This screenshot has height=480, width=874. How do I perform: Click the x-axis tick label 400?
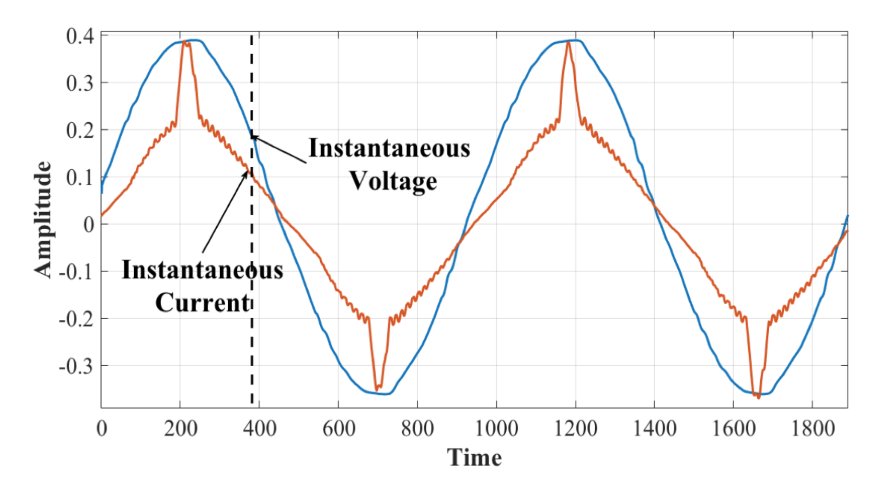click(259, 428)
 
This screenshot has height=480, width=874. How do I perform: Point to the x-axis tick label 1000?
click(497, 428)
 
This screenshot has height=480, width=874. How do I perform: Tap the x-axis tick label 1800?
click(813, 428)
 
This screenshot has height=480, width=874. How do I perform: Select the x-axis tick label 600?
click(338, 428)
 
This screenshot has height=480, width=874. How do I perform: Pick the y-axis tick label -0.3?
click(76, 366)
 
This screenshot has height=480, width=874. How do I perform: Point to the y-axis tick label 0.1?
click(80, 178)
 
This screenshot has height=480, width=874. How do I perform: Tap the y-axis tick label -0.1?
click(76, 272)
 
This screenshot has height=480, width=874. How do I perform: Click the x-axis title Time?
click(474, 457)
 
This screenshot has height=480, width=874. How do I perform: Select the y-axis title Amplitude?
click(43, 220)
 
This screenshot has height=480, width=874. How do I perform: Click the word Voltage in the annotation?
click(393, 181)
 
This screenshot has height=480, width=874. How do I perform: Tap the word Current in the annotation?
click(203, 303)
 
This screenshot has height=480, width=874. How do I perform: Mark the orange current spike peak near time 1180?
click(568, 42)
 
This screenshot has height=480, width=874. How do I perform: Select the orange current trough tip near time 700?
click(377, 389)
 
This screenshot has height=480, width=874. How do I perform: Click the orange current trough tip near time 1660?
click(758, 397)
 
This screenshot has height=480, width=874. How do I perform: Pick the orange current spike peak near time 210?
click(184, 42)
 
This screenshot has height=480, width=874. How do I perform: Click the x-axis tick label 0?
click(102, 428)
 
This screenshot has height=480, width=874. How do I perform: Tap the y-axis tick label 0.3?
click(80, 83)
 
